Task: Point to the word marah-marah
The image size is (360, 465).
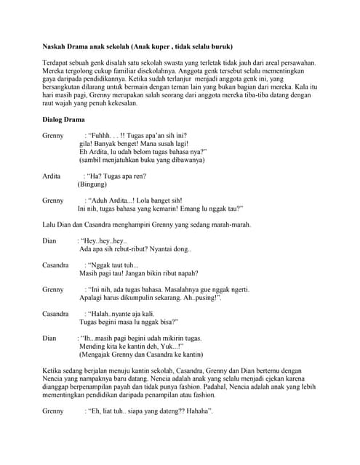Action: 230,225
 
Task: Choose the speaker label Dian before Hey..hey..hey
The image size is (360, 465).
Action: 49,240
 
